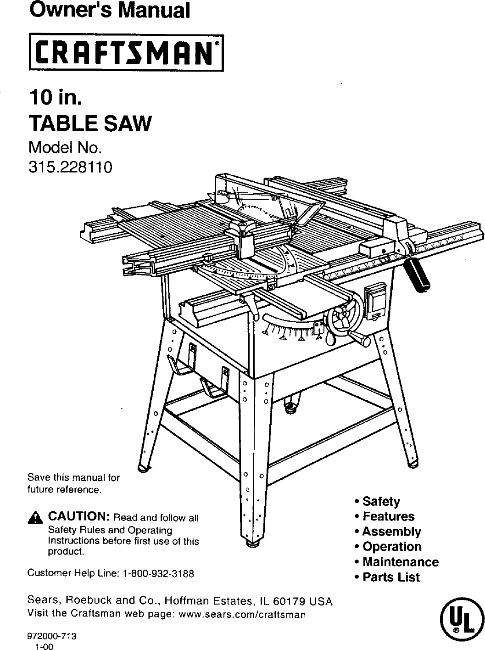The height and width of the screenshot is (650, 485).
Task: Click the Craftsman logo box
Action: click(125, 53)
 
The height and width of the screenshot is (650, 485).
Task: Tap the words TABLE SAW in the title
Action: click(89, 124)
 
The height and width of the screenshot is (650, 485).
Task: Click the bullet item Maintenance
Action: click(400, 562)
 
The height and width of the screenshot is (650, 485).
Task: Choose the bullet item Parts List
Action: click(390, 577)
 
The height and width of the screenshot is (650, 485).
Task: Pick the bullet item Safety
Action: click(381, 501)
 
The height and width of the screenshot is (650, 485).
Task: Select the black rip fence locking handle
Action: click(419, 275)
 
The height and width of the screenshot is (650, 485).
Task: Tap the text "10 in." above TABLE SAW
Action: click(56, 97)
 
